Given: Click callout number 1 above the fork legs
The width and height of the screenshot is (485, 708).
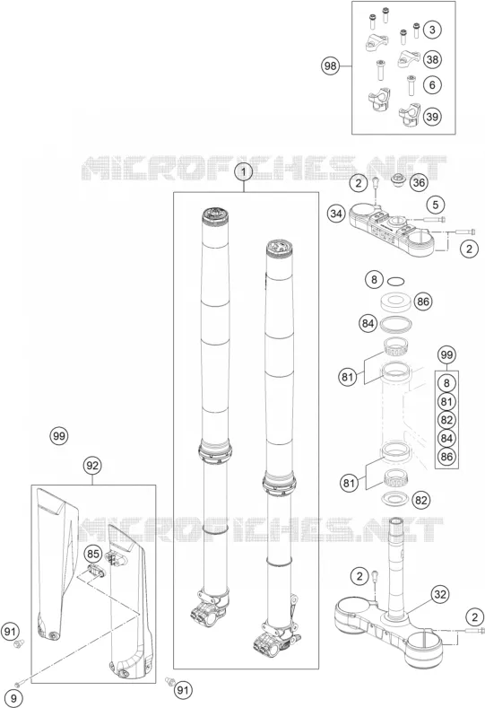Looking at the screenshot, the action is tap(244, 172).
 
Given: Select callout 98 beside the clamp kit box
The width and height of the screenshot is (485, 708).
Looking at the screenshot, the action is tap(330, 66).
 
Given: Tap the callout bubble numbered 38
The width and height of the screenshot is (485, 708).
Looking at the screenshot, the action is tap(432, 59).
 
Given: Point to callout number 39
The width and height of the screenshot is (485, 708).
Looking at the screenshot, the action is tap(432, 117).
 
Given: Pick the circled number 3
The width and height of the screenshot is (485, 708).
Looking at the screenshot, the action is tap(432, 31).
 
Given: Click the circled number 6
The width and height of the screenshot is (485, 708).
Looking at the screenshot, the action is tap(432, 85).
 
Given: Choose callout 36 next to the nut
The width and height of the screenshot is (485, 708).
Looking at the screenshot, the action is tap(419, 183).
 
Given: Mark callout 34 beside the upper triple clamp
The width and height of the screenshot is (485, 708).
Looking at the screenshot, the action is tap(335, 214).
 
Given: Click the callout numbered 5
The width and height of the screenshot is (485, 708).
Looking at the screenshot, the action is tap(436, 205).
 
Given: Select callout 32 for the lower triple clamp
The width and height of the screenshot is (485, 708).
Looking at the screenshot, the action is tap(440, 594).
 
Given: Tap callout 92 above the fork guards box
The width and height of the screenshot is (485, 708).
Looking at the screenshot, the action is tap(92, 465).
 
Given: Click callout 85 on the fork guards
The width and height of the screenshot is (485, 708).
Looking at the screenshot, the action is tap(92, 554).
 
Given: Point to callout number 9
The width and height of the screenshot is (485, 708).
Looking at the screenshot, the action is tap(14, 699).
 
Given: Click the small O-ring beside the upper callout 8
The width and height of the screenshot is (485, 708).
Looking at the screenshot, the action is tap(395, 282).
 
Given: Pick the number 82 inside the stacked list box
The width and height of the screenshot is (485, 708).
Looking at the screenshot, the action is tap(446, 420).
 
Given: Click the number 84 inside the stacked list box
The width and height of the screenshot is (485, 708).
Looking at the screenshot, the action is tap(446, 439).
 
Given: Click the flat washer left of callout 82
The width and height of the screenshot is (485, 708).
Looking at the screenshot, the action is tap(395, 499).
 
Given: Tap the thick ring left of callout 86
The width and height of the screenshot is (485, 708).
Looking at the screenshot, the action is tap(395, 302).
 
